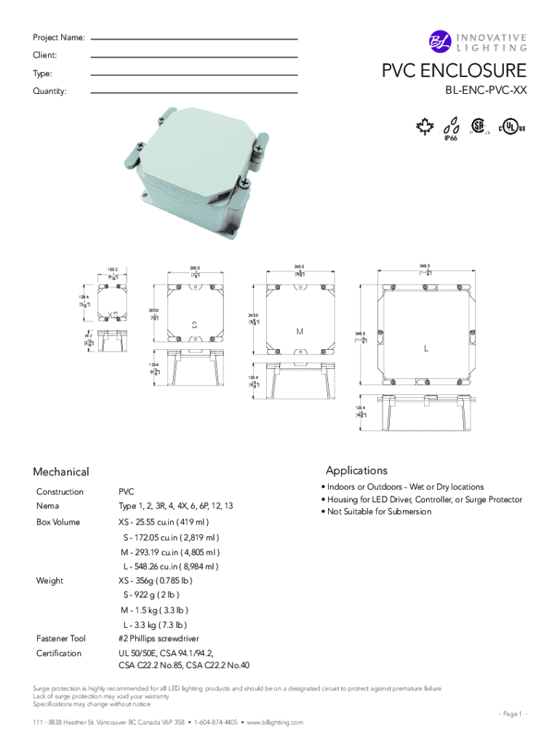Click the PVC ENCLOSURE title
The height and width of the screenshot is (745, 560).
click(455, 71)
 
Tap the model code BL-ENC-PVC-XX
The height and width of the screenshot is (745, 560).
click(486, 91)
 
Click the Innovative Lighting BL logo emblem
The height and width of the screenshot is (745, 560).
click(440, 43)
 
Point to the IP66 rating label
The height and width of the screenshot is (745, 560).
click(450, 138)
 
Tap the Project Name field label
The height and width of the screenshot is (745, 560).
click(58, 37)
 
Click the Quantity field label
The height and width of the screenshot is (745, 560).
click(49, 91)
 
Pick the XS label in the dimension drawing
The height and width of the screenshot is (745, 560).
click(113, 314)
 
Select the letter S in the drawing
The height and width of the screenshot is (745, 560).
click(195, 324)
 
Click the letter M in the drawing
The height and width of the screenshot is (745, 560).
click(299, 332)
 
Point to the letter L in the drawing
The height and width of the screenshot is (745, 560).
click(427, 348)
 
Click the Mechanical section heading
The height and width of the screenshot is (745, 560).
click(61, 472)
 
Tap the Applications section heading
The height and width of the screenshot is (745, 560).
click(356, 470)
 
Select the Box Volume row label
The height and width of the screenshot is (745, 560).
click(58, 522)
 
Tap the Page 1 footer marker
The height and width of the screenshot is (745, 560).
click(512, 714)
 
